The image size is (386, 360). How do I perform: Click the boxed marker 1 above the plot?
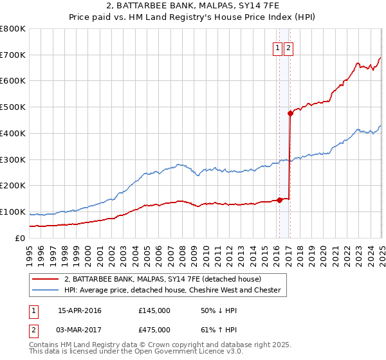coord(277,48)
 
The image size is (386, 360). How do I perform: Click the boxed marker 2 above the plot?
coord(288,48)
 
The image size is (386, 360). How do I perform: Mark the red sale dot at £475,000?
coord(290,113)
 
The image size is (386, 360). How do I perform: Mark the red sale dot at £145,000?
coord(279,199)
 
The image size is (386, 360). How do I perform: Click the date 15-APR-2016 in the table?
coord(80,310)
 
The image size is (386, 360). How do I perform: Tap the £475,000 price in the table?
coord(154,329)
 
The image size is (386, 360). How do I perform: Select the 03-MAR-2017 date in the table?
coord(80,329)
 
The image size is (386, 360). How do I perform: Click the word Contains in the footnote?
coord(44,345)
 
